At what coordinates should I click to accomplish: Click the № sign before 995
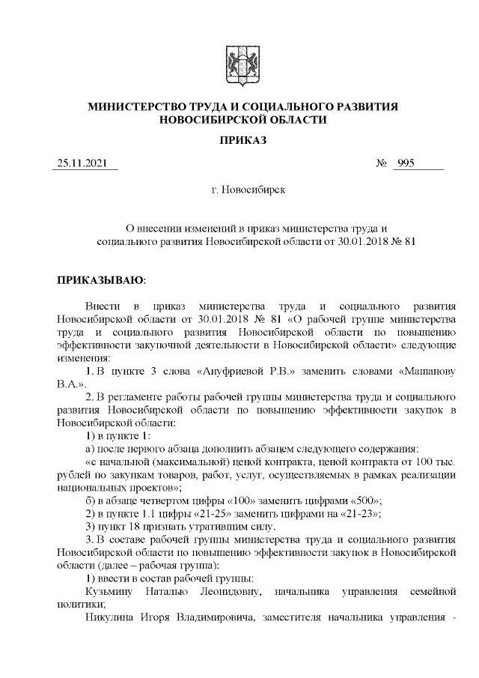380,164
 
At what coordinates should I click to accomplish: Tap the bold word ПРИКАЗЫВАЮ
100,280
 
